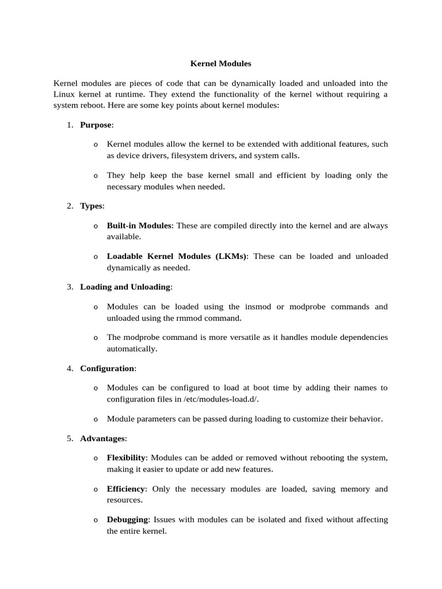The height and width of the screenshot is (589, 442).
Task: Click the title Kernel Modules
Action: pyautogui.click(x=220, y=64)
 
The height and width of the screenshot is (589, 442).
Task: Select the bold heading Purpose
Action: pyautogui.click(x=96, y=125)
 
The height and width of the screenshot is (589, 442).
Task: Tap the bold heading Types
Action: pyautogui.click(x=92, y=206)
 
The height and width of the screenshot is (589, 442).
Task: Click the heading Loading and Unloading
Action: pyautogui.click(x=125, y=287)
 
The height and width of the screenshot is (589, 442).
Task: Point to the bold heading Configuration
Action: pyautogui.click(x=106, y=368)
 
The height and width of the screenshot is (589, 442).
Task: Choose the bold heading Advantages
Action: pyautogui.click(x=102, y=438)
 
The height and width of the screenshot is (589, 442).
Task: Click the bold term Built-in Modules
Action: pyautogui.click(x=139, y=226)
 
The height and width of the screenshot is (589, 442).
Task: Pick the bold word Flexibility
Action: pyautogui.click(x=127, y=458)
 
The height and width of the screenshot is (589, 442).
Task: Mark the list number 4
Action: pyautogui.click(x=69, y=368)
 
